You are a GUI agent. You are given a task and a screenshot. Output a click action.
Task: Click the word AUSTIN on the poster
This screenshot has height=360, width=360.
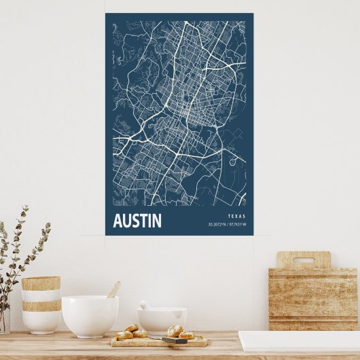point(137,221)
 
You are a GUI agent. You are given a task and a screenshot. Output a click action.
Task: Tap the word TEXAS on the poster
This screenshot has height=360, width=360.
point(238,217)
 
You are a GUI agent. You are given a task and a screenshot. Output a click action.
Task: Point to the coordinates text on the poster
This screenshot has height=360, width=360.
point(227,225)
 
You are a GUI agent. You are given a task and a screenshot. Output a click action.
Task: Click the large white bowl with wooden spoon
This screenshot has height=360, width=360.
point(90,317)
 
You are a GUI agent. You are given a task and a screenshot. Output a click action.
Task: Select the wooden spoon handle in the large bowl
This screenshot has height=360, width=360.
point(113,289)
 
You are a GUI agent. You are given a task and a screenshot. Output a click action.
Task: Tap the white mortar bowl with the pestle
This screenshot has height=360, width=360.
point(162,319)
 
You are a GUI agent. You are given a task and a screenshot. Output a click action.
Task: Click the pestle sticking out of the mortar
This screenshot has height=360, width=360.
point(145,306)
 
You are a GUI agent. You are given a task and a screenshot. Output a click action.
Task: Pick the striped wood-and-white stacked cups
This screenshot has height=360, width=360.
point(41,304)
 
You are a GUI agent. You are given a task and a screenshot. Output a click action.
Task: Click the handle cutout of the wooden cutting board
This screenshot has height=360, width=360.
point(303,259)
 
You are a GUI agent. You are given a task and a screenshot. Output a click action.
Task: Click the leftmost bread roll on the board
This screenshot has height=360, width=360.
point(124,335)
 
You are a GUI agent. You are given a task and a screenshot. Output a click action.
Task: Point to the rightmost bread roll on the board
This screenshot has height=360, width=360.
point(186,335)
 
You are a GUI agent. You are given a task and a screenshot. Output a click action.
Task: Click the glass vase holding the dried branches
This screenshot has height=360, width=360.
point(4,319)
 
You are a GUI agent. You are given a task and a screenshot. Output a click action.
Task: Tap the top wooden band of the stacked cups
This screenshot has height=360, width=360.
point(41,283)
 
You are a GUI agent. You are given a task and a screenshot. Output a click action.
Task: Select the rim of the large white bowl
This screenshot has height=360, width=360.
point(90,299)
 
